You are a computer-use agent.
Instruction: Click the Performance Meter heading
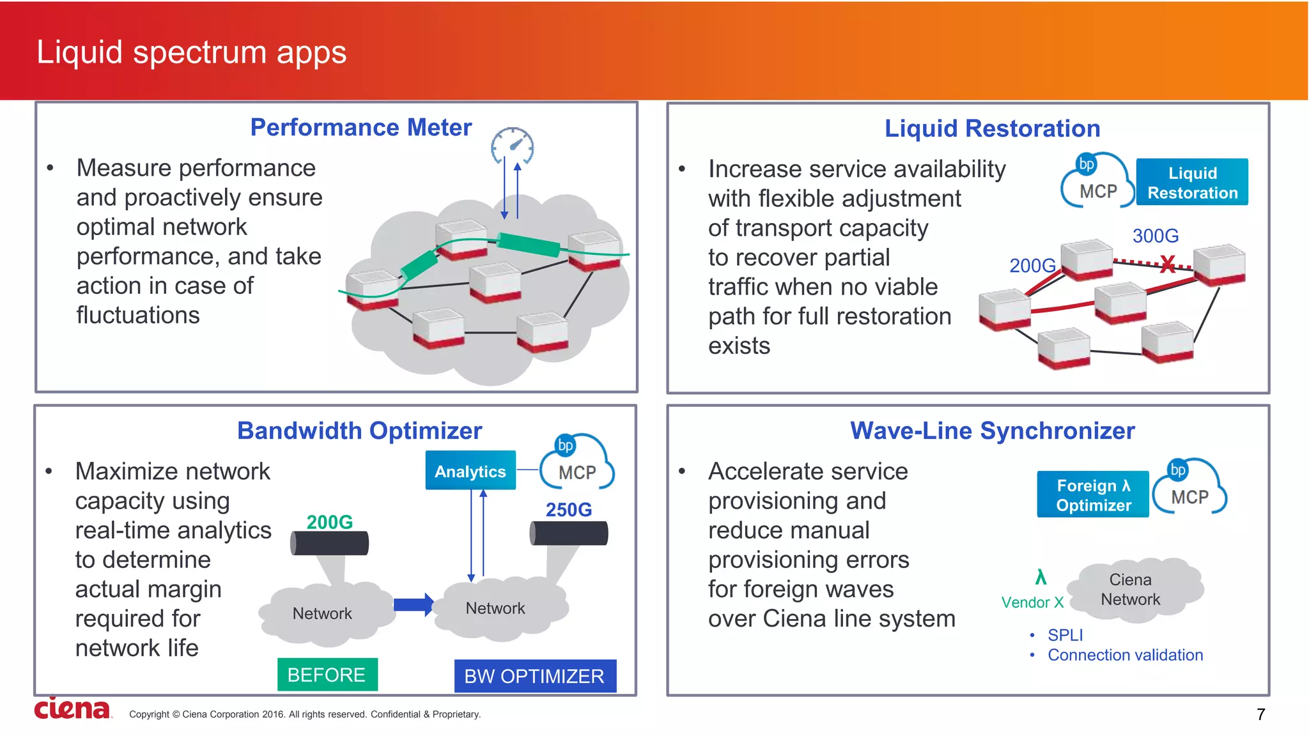[360, 128]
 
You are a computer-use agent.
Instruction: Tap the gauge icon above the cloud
[513, 146]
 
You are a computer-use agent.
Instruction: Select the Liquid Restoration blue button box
[1192, 183]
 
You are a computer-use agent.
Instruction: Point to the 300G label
[1155, 236]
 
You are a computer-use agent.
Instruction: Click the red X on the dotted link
[1167, 264]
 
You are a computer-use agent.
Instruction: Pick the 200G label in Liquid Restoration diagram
[1032, 266]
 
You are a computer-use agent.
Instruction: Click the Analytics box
[470, 471]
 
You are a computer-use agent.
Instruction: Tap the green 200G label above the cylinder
[329, 522]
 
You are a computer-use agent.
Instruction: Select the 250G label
[568, 510]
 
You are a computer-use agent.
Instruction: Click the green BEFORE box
[327, 675]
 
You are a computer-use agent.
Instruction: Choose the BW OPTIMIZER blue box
[534, 676]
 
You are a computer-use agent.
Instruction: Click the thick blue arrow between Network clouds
[414, 604]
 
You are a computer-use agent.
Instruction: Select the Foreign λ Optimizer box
[1093, 495]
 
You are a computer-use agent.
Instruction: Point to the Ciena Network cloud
[1131, 590]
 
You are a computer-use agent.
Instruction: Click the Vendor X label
[1032, 602]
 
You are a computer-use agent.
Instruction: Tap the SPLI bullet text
[1065, 635]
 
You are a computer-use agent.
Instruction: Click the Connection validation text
[1125, 655]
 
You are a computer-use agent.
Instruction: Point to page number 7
[1260, 714]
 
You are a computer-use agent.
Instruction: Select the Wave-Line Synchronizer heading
[992, 431]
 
